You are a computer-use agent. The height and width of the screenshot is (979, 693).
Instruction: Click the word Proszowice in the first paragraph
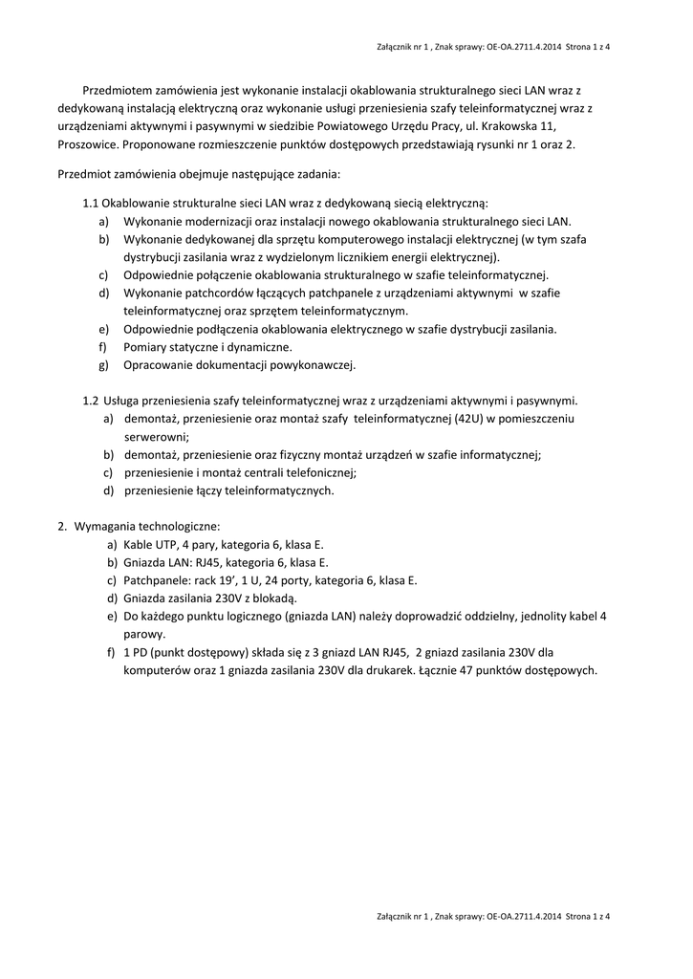pyautogui.click(x=87, y=144)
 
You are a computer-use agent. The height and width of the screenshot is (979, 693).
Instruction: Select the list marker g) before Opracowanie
pyautogui.click(x=104, y=364)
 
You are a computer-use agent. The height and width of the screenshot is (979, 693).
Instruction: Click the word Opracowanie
pyautogui.click(x=159, y=364)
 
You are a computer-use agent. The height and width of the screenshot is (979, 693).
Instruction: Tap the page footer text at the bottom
pyautogui.click(x=493, y=917)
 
